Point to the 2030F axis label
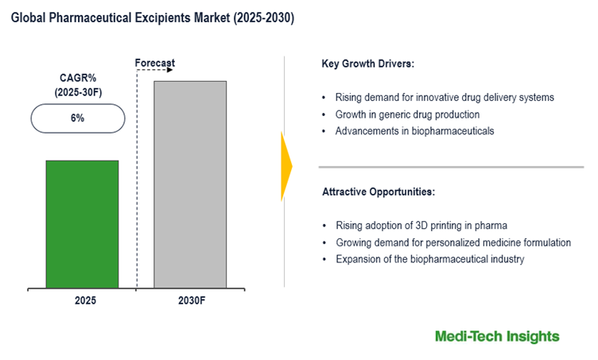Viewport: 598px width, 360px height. point(190,301)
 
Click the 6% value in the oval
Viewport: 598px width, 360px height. point(77,118)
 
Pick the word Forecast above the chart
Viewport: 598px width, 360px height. point(155,63)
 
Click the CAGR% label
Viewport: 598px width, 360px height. point(78,78)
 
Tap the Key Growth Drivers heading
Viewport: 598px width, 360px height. point(368,63)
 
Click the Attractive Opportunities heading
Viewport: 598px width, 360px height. point(378,192)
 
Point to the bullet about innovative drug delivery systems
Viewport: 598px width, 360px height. point(445,98)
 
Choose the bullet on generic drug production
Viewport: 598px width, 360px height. point(407,114)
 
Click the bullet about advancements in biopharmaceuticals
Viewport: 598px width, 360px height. point(414,131)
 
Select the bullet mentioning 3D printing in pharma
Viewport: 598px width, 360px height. point(421,226)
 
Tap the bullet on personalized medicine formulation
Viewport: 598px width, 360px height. point(452,242)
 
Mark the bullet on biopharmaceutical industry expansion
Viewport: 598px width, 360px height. point(429,259)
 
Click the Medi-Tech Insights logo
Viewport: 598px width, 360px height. point(497,336)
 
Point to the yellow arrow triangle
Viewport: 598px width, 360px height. point(286,166)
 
